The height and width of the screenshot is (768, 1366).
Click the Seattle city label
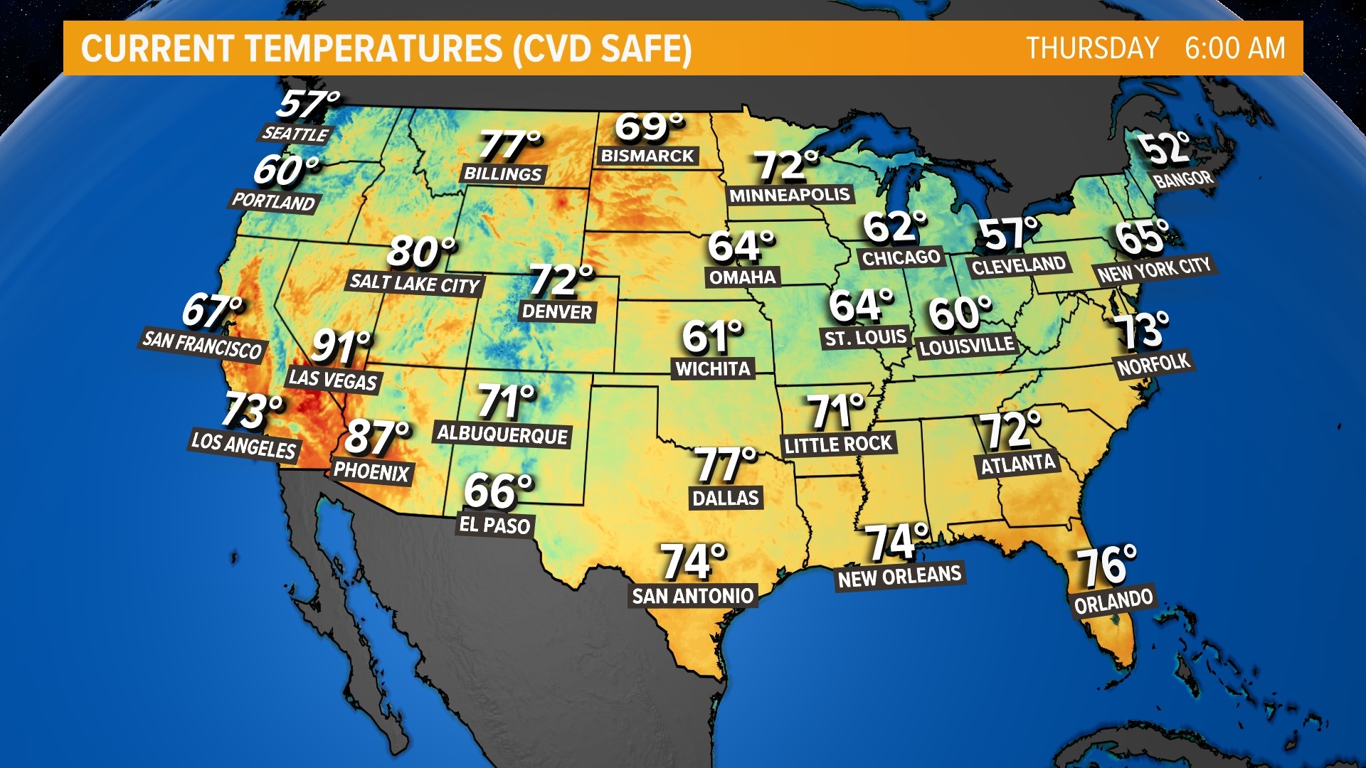[x=295, y=133]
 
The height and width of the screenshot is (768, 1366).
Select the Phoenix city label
[x=371, y=471]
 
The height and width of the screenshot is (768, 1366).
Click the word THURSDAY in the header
[x=1093, y=48]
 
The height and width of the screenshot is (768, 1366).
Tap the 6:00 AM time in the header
[x=1235, y=48]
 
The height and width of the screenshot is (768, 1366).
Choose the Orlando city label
[x=1113, y=601]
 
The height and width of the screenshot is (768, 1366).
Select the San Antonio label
[x=693, y=595]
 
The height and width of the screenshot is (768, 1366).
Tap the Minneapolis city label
[x=790, y=195]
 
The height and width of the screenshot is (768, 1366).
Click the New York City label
[x=1154, y=270]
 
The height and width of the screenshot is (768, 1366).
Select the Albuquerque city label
[x=502, y=434]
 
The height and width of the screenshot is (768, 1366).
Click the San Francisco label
[x=203, y=345]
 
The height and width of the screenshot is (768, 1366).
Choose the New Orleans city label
[x=900, y=576]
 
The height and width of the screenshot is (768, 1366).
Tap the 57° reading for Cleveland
[x=1007, y=235]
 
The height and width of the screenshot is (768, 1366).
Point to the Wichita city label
[x=713, y=368]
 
